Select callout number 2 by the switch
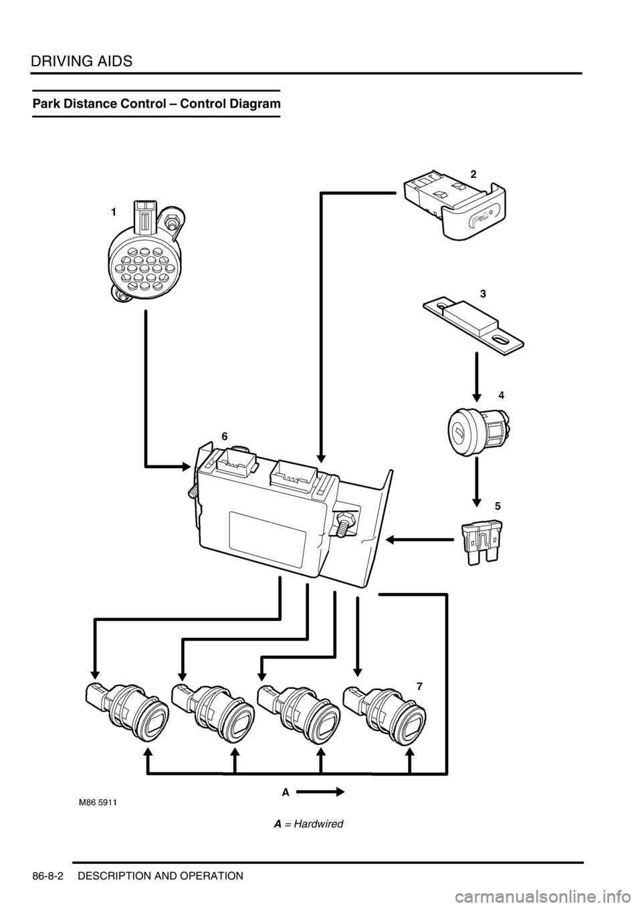pos(473,173)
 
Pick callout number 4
pos(500,395)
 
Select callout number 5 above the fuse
pos(497,506)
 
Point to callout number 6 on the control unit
pos(225,435)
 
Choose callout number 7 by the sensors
pos(419,686)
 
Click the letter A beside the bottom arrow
pos(285,792)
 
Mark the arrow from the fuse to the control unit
pos(419,538)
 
